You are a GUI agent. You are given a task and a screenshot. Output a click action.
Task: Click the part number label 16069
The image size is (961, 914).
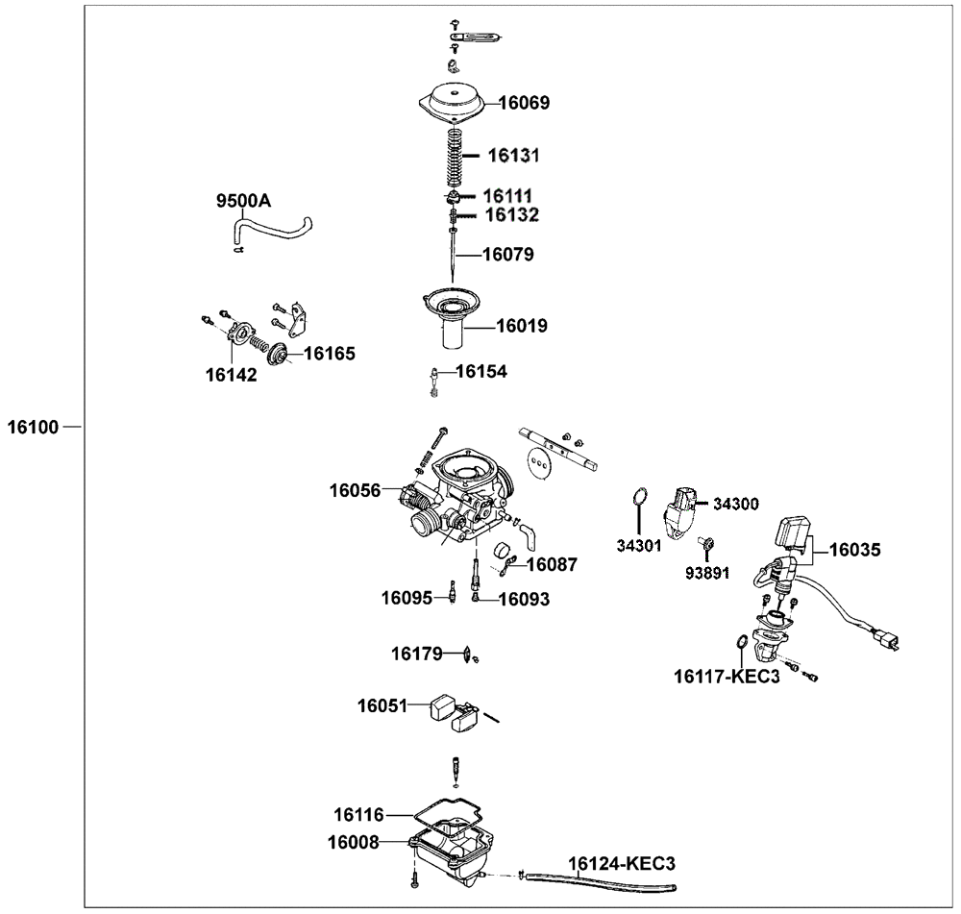[524, 102]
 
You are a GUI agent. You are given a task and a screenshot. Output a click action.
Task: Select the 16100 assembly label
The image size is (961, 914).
[34, 426]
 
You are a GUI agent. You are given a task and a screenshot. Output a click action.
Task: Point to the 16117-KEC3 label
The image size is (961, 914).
[727, 676]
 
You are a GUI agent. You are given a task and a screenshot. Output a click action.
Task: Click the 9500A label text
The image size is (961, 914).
[243, 201]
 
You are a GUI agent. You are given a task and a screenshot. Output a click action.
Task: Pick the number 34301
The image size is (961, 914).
[639, 546]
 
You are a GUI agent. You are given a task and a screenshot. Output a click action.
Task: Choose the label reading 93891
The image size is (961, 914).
[707, 573]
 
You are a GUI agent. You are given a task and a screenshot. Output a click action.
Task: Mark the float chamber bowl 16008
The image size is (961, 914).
[448, 845]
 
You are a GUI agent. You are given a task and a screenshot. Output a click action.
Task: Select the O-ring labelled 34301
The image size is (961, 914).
[638, 497]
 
